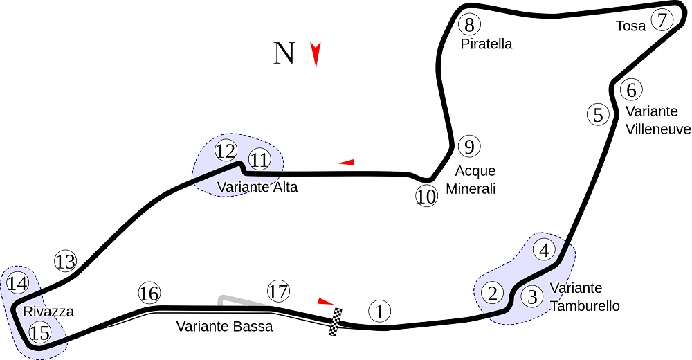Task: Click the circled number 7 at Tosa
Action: pyautogui.click(x=662, y=20)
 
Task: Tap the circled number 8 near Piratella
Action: pyautogui.click(x=469, y=25)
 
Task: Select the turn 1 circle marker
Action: pyautogui.click(x=379, y=311)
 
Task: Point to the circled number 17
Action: pyautogui.click(x=277, y=291)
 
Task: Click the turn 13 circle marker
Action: pyautogui.click(x=65, y=262)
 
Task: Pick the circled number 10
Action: pyautogui.click(x=427, y=197)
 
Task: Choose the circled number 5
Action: pyautogui.click(x=599, y=114)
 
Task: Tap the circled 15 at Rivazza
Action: pyautogui.click(x=40, y=333)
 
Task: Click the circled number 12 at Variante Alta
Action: pyautogui.click(x=226, y=151)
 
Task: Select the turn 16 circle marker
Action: pyautogui.click(x=149, y=293)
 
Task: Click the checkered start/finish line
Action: pyautogui.click(x=336, y=322)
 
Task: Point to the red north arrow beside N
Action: pyautogui.click(x=316, y=55)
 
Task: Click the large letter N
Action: pyautogui.click(x=284, y=53)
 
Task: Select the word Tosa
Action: pyautogui.click(x=630, y=26)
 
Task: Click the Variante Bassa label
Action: pyautogui.click(x=224, y=327)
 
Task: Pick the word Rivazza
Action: pyautogui.click(x=48, y=312)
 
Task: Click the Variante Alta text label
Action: pyautogui.click(x=257, y=187)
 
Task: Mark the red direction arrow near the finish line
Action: pyautogui.click(x=325, y=300)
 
